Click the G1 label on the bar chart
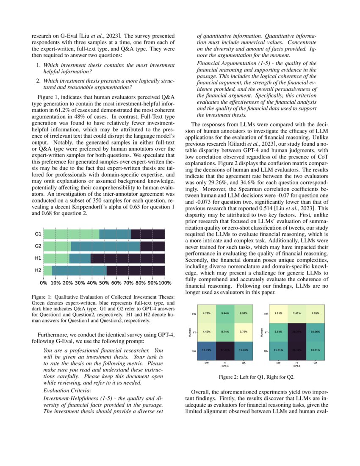coord(38,234)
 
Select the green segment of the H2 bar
coord(47,270)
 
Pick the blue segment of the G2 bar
coord(105,246)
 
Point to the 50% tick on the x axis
coord(104,282)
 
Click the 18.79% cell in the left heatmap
coord(207,350)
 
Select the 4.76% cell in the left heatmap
coord(207,313)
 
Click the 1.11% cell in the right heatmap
coord(278,313)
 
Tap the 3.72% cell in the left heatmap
coord(243,332)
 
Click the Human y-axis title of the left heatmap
coord(191,332)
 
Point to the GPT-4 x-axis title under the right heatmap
coord(297,366)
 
